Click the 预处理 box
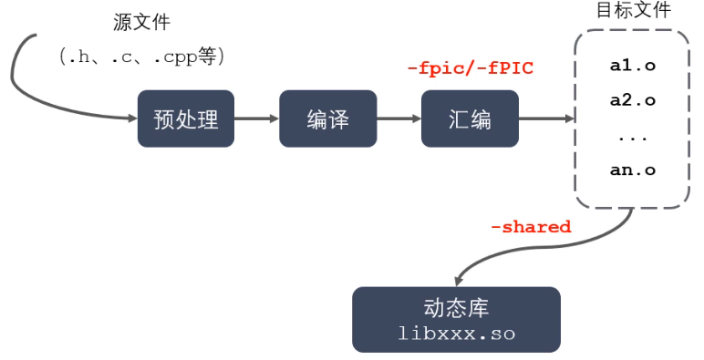pos(186,118)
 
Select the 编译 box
pos(328,118)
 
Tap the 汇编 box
pos(470,118)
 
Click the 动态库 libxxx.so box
pos(457,319)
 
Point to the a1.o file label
pos(632,67)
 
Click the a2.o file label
pos(632,101)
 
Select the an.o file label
pos(632,170)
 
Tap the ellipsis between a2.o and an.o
pos(632,137)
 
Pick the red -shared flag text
pos(531,227)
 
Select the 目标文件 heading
pos(633,11)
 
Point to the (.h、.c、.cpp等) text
pos(141,56)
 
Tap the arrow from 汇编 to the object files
pos(545,118)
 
